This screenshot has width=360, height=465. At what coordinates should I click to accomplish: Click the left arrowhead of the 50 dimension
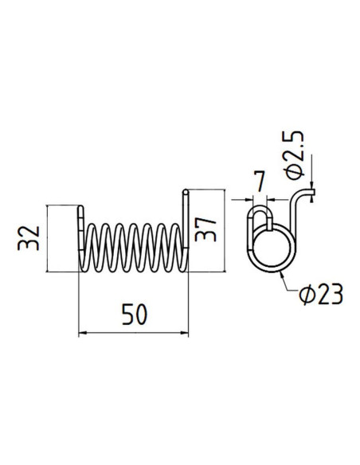click(83, 333)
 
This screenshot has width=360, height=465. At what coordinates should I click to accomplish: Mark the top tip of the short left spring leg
click(82, 209)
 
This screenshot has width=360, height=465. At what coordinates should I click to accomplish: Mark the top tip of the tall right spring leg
click(185, 191)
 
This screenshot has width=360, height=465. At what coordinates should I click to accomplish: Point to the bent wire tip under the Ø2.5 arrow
click(312, 191)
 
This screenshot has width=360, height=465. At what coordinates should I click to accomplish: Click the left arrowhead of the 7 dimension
click(248, 198)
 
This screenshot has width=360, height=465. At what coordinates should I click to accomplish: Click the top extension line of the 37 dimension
click(204, 190)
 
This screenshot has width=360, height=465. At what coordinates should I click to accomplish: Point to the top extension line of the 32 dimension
click(64, 205)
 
